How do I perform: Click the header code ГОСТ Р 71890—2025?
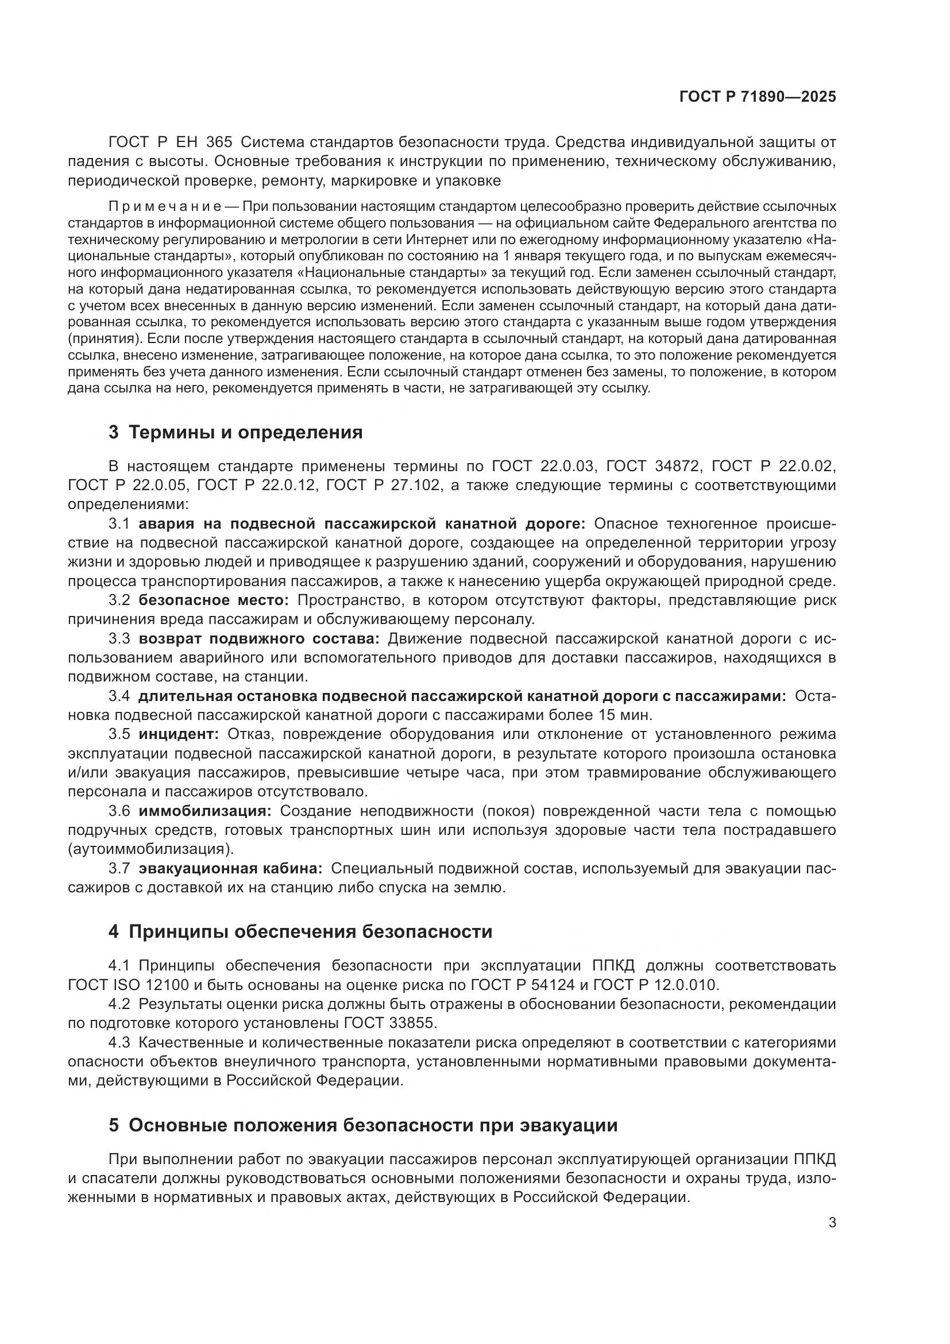758,97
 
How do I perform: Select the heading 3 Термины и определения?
235,433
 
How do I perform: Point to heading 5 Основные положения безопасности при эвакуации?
362,1125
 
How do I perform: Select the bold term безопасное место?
214,600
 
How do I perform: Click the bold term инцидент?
179,734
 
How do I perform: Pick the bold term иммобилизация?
204,811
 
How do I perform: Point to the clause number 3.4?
119,696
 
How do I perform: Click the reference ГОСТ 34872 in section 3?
653,466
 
